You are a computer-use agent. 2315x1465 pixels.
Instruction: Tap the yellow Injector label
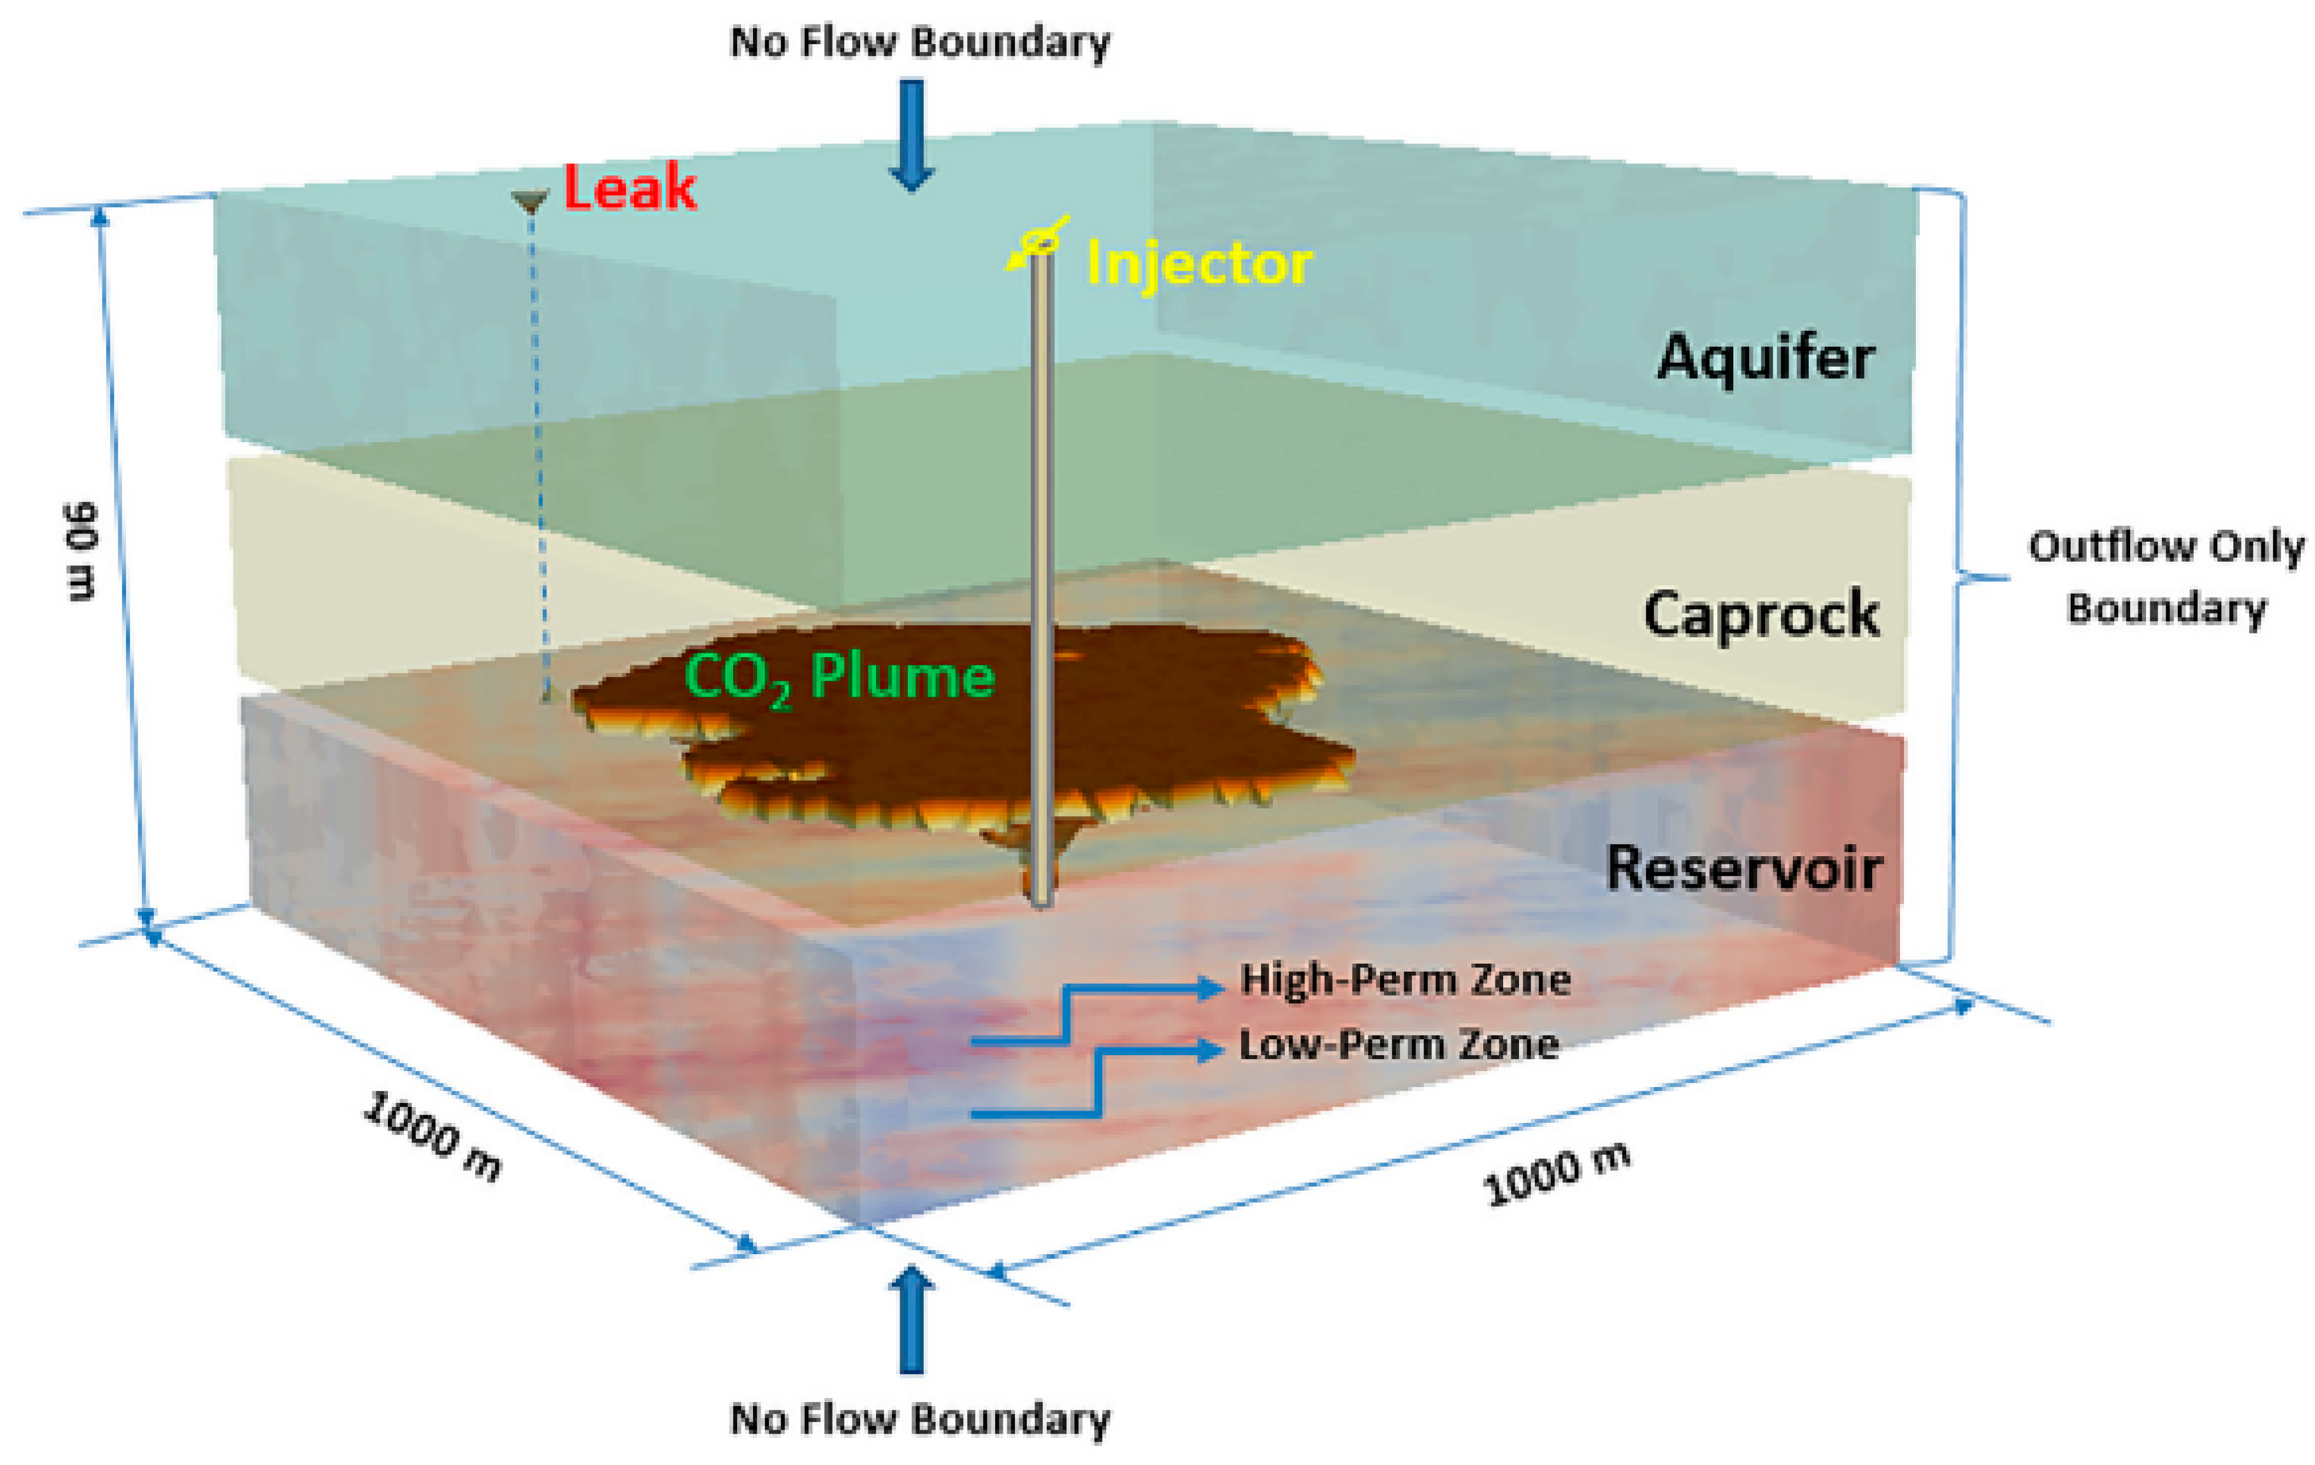(x=1198, y=263)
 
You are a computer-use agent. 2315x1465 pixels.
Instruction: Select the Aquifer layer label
(x=1765, y=357)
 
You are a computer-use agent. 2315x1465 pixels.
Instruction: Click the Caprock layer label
(x=1760, y=614)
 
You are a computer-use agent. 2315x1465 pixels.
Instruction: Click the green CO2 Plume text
(x=838, y=678)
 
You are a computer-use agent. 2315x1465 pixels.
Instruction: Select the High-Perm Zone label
(x=1405, y=980)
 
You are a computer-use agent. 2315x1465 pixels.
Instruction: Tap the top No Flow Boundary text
(x=920, y=43)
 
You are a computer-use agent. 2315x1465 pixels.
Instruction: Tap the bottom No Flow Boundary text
(x=920, y=1419)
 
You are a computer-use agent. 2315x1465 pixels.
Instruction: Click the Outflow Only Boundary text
(x=2166, y=577)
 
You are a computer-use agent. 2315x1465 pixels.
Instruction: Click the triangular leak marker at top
(x=530, y=201)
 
